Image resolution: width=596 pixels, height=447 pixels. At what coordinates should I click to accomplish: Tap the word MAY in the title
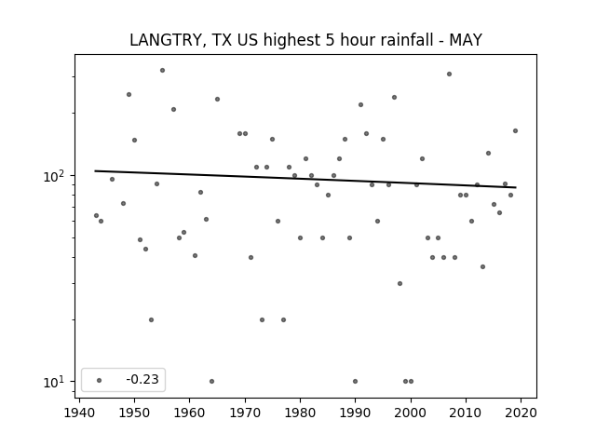(x=466, y=40)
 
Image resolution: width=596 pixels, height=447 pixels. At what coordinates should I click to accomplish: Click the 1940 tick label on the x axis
(x=79, y=413)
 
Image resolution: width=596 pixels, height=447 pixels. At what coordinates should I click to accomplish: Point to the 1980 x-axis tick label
(x=300, y=413)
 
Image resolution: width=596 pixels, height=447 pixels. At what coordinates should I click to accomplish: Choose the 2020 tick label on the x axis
(x=521, y=413)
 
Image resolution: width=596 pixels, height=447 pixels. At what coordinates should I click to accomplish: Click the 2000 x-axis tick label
(x=411, y=413)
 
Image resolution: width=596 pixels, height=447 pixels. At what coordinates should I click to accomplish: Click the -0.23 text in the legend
(x=142, y=379)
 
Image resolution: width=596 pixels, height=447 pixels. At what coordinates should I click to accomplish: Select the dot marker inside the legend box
(x=100, y=380)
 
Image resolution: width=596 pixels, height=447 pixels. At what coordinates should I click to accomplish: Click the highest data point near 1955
(x=162, y=71)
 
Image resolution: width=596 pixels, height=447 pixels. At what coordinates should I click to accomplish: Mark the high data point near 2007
(x=449, y=74)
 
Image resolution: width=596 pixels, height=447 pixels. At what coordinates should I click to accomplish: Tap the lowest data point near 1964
(x=211, y=381)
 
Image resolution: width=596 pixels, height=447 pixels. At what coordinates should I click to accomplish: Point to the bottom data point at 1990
(x=355, y=381)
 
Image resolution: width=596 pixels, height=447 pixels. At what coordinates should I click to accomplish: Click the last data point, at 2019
(x=515, y=130)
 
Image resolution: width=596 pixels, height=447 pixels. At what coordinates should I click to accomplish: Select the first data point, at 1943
(x=96, y=215)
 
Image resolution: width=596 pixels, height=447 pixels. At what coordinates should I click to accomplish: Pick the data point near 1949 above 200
(x=129, y=95)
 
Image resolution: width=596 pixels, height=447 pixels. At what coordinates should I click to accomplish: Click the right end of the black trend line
(x=516, y=187)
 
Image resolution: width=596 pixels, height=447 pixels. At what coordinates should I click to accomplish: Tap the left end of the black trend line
(x=95, y=171)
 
